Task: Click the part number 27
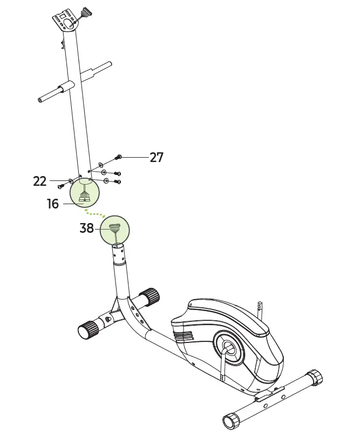pos(156,157)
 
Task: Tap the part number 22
pos(40,181)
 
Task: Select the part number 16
pos(53,204)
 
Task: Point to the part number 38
pos(87,228)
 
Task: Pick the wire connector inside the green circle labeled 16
pos(84,197)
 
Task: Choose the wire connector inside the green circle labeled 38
pos(114,228)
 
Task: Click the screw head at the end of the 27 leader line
pos(119,157)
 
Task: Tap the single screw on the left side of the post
pos(60,186)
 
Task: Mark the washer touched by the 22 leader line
pos(71,180)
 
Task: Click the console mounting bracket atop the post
pos(66,21)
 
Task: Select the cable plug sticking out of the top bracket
pos(85,12)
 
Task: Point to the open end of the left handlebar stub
pos(40,99)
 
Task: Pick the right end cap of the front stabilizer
pos(151,296)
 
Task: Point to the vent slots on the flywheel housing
pos(183,336)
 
